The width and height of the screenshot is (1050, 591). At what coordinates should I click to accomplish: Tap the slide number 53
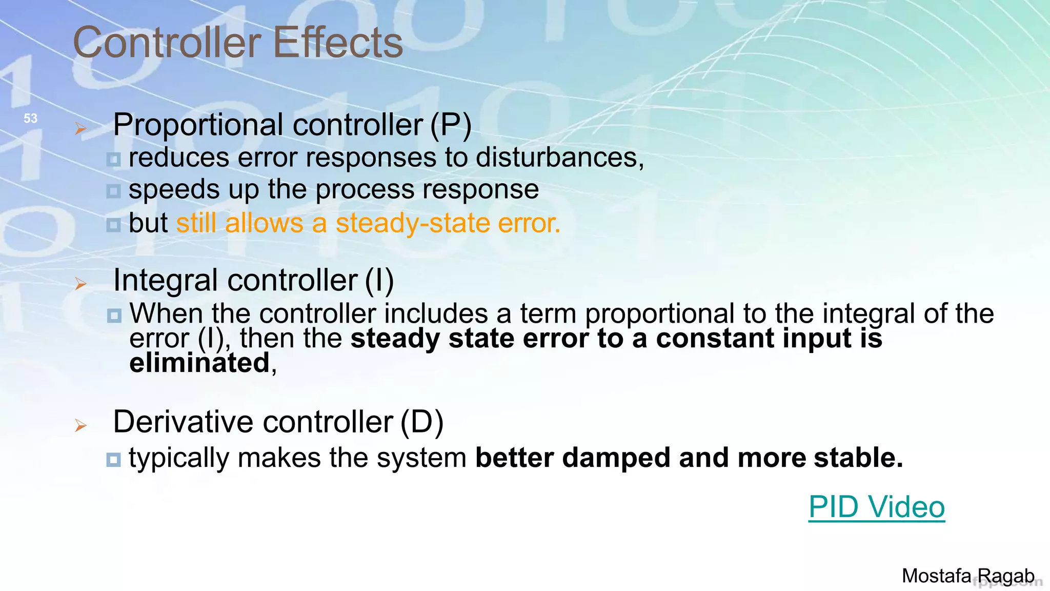tap(30, 119)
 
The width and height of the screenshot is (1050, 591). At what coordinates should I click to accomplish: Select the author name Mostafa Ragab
tap(967, 576)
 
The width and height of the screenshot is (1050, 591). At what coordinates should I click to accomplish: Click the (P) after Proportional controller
tap(451, 125)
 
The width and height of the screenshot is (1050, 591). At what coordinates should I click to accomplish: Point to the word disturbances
tap(559, 157)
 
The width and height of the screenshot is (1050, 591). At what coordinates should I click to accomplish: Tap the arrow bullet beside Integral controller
tap(80, 283)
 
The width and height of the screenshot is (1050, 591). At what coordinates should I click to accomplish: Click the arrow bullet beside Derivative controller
tap(80, 425)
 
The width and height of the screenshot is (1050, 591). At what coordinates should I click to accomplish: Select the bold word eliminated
tap(199, 363)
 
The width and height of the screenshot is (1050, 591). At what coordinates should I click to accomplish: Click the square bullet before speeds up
tap(113, 191)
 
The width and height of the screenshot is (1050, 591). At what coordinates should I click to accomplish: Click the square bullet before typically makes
tap(113, 459)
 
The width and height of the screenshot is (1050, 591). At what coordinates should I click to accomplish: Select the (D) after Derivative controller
tap(421, 422)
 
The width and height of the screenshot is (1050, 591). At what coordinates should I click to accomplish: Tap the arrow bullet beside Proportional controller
tap(80, 128)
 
